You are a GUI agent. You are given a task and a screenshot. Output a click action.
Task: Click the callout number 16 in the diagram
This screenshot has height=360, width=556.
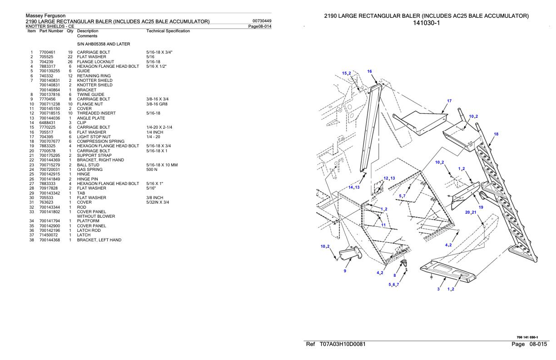[x=369, y=71]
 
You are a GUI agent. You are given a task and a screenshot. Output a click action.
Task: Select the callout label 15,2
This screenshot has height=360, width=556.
[x=347, y=73]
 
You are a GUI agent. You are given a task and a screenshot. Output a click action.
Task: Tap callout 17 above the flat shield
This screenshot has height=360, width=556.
[x=449, y=101]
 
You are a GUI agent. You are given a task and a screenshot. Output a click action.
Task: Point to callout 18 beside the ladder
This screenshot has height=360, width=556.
[x=496, y=134]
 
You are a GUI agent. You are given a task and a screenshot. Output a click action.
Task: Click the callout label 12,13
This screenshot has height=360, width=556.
[x=389, y=178]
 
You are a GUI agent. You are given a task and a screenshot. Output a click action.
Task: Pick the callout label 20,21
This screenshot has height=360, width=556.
[x=471, y=212]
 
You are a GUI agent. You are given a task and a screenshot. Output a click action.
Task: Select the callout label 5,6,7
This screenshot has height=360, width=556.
[x=394, y=285]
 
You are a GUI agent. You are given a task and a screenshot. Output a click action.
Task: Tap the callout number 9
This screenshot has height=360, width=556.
[x=345, y=271]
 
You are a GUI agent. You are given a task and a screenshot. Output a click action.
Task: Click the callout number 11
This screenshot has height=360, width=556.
[x=383, y=225]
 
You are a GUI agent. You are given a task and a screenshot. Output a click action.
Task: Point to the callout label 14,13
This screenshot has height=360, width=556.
[x=354, y=187]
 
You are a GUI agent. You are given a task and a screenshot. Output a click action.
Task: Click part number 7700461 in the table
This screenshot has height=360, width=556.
[x=47, y=52]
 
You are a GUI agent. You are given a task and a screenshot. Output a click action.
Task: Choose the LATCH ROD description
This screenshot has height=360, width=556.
[x=88, y=230]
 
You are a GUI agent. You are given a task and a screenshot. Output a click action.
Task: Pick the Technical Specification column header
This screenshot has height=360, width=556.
[x=168, y=31]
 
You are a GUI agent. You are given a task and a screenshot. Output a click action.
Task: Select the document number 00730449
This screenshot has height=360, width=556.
[x=261, y=21]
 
